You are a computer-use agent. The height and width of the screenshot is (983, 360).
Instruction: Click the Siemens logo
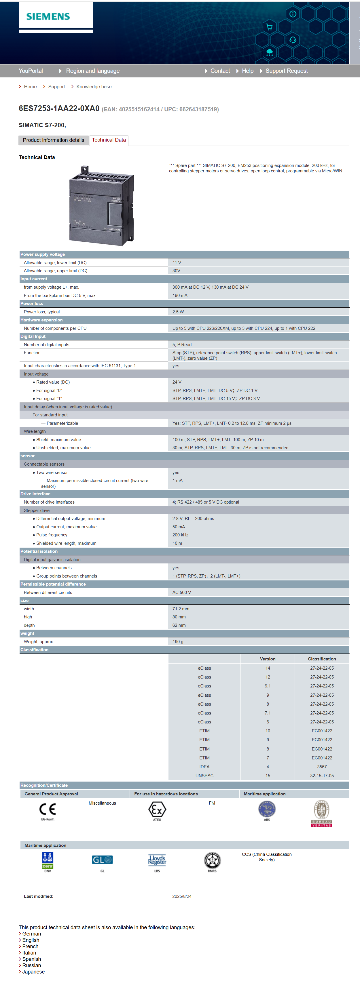[48, 16]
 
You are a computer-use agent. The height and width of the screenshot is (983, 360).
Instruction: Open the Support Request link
[286, 71]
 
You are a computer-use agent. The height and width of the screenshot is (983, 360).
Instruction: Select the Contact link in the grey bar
[220, 71]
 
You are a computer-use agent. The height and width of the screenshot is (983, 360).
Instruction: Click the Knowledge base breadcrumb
[94, 87]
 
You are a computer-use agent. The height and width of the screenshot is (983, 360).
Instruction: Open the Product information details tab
[54, 140]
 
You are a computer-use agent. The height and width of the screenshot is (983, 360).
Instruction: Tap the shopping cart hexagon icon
[269, 27]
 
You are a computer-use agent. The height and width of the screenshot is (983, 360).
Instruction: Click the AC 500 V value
[182, 593]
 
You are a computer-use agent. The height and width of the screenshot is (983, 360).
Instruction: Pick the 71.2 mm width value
[181, 609]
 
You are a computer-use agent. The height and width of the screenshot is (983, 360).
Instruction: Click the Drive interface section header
[35, 494]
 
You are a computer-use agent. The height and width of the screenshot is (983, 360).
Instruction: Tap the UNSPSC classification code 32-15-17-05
[322, 776]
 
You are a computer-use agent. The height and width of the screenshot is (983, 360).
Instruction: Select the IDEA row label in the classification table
[204, 767]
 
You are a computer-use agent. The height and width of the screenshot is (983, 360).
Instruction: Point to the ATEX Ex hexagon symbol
[157, 809]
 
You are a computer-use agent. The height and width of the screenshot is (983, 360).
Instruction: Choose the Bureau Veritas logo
[321, 813]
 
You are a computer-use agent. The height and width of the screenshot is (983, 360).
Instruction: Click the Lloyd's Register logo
[157, 860]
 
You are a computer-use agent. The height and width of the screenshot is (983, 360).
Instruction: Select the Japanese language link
[33, 972]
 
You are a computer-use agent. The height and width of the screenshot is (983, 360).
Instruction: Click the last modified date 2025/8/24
[182, 896]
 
